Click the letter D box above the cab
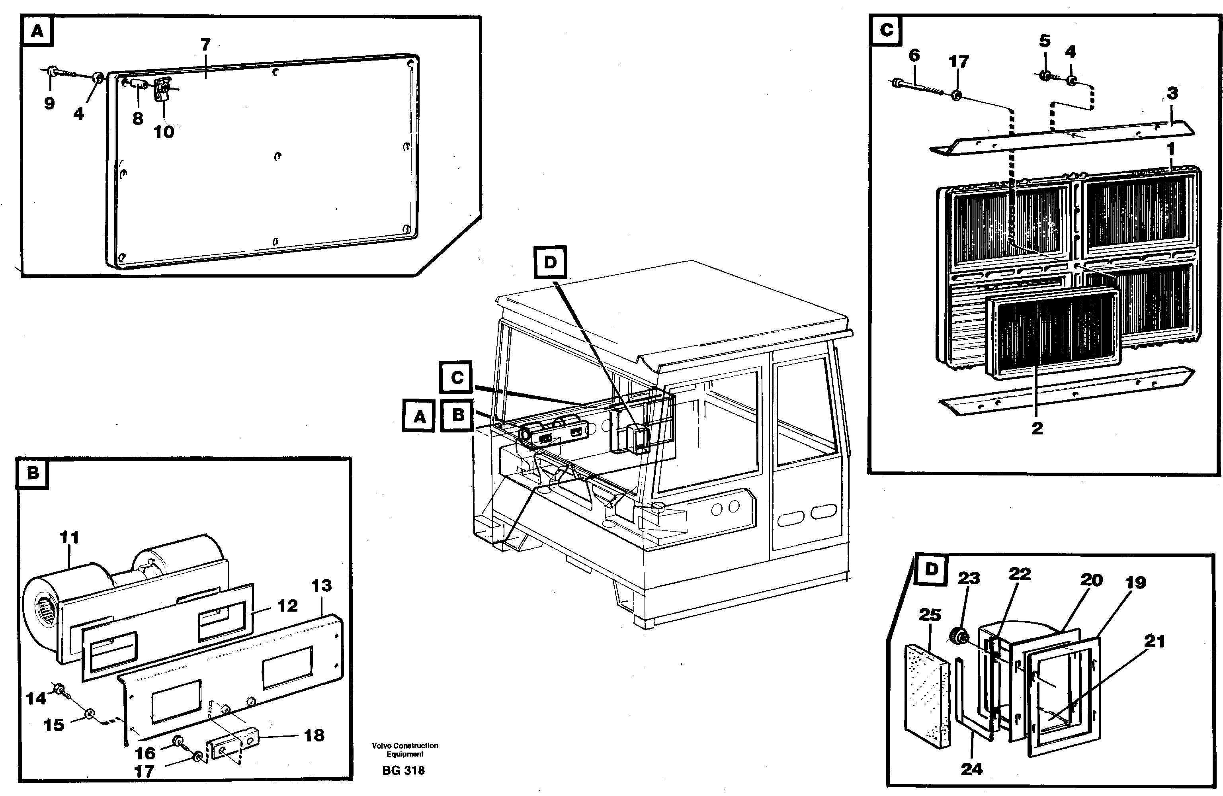tap(550, 262)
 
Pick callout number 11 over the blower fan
tap(69, 538)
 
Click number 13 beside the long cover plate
tap(322, 585)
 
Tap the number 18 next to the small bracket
tap(314, 735)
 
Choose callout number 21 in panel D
tap(1154, 641)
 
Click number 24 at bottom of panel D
tap(971, 769)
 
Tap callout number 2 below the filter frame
tap(1037, 428)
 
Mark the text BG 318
tap(403, 770)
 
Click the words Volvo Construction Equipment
tap(405, 750)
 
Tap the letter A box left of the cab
tap(419, 416)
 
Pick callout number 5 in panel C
tap(1045, 41)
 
